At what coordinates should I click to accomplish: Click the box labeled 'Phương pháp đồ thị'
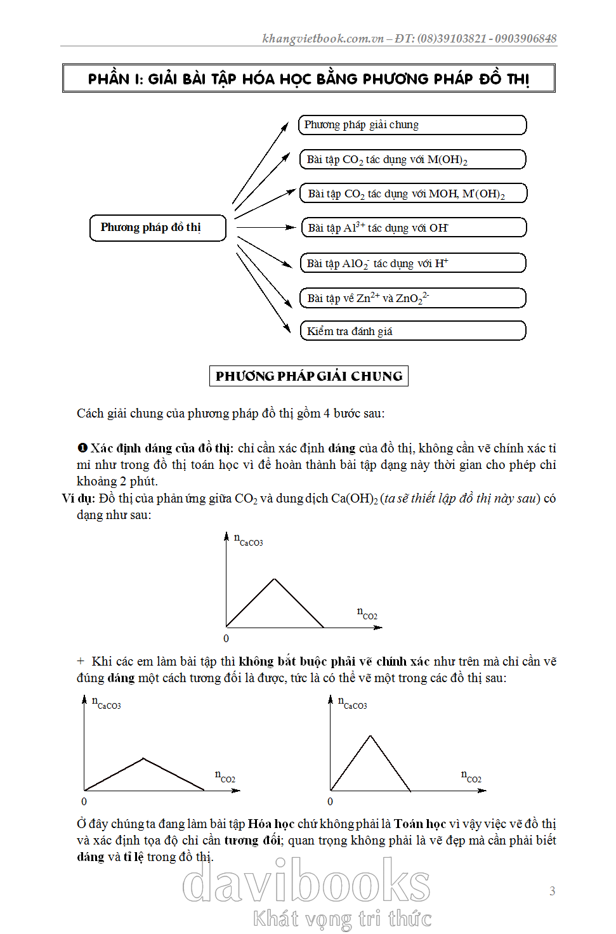tap(158, 228)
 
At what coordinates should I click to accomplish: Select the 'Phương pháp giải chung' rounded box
tap(412, 125)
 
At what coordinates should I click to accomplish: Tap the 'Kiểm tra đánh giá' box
tap(412, 331)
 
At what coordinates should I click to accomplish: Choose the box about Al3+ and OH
tap(412, 227)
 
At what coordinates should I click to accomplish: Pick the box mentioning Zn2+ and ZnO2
tap(412, 298)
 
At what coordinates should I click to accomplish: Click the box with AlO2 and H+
tap(412, 263)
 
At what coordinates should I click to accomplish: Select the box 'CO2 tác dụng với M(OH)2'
tap(412, 159)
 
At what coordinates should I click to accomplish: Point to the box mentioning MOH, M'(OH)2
tap(412, 193)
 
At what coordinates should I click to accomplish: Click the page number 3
tap(552, 891)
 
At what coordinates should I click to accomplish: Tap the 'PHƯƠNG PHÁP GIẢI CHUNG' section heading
tap(309, 376)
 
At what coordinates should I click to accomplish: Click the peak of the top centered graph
tap(275, 579)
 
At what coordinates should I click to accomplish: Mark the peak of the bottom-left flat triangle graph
tap(143, 758)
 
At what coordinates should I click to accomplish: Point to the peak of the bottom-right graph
tap(370, 736)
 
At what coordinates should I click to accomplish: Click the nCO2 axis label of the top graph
tap(367, 613)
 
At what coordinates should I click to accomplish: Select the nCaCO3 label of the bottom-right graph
tap(353, 703)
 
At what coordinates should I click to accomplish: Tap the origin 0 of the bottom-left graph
tap(84, 801)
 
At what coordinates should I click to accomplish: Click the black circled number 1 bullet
tap(82, 449)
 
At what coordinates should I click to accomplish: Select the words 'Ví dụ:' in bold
tap(78, 498)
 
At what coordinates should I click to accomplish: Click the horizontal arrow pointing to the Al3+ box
tap(265, 227)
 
